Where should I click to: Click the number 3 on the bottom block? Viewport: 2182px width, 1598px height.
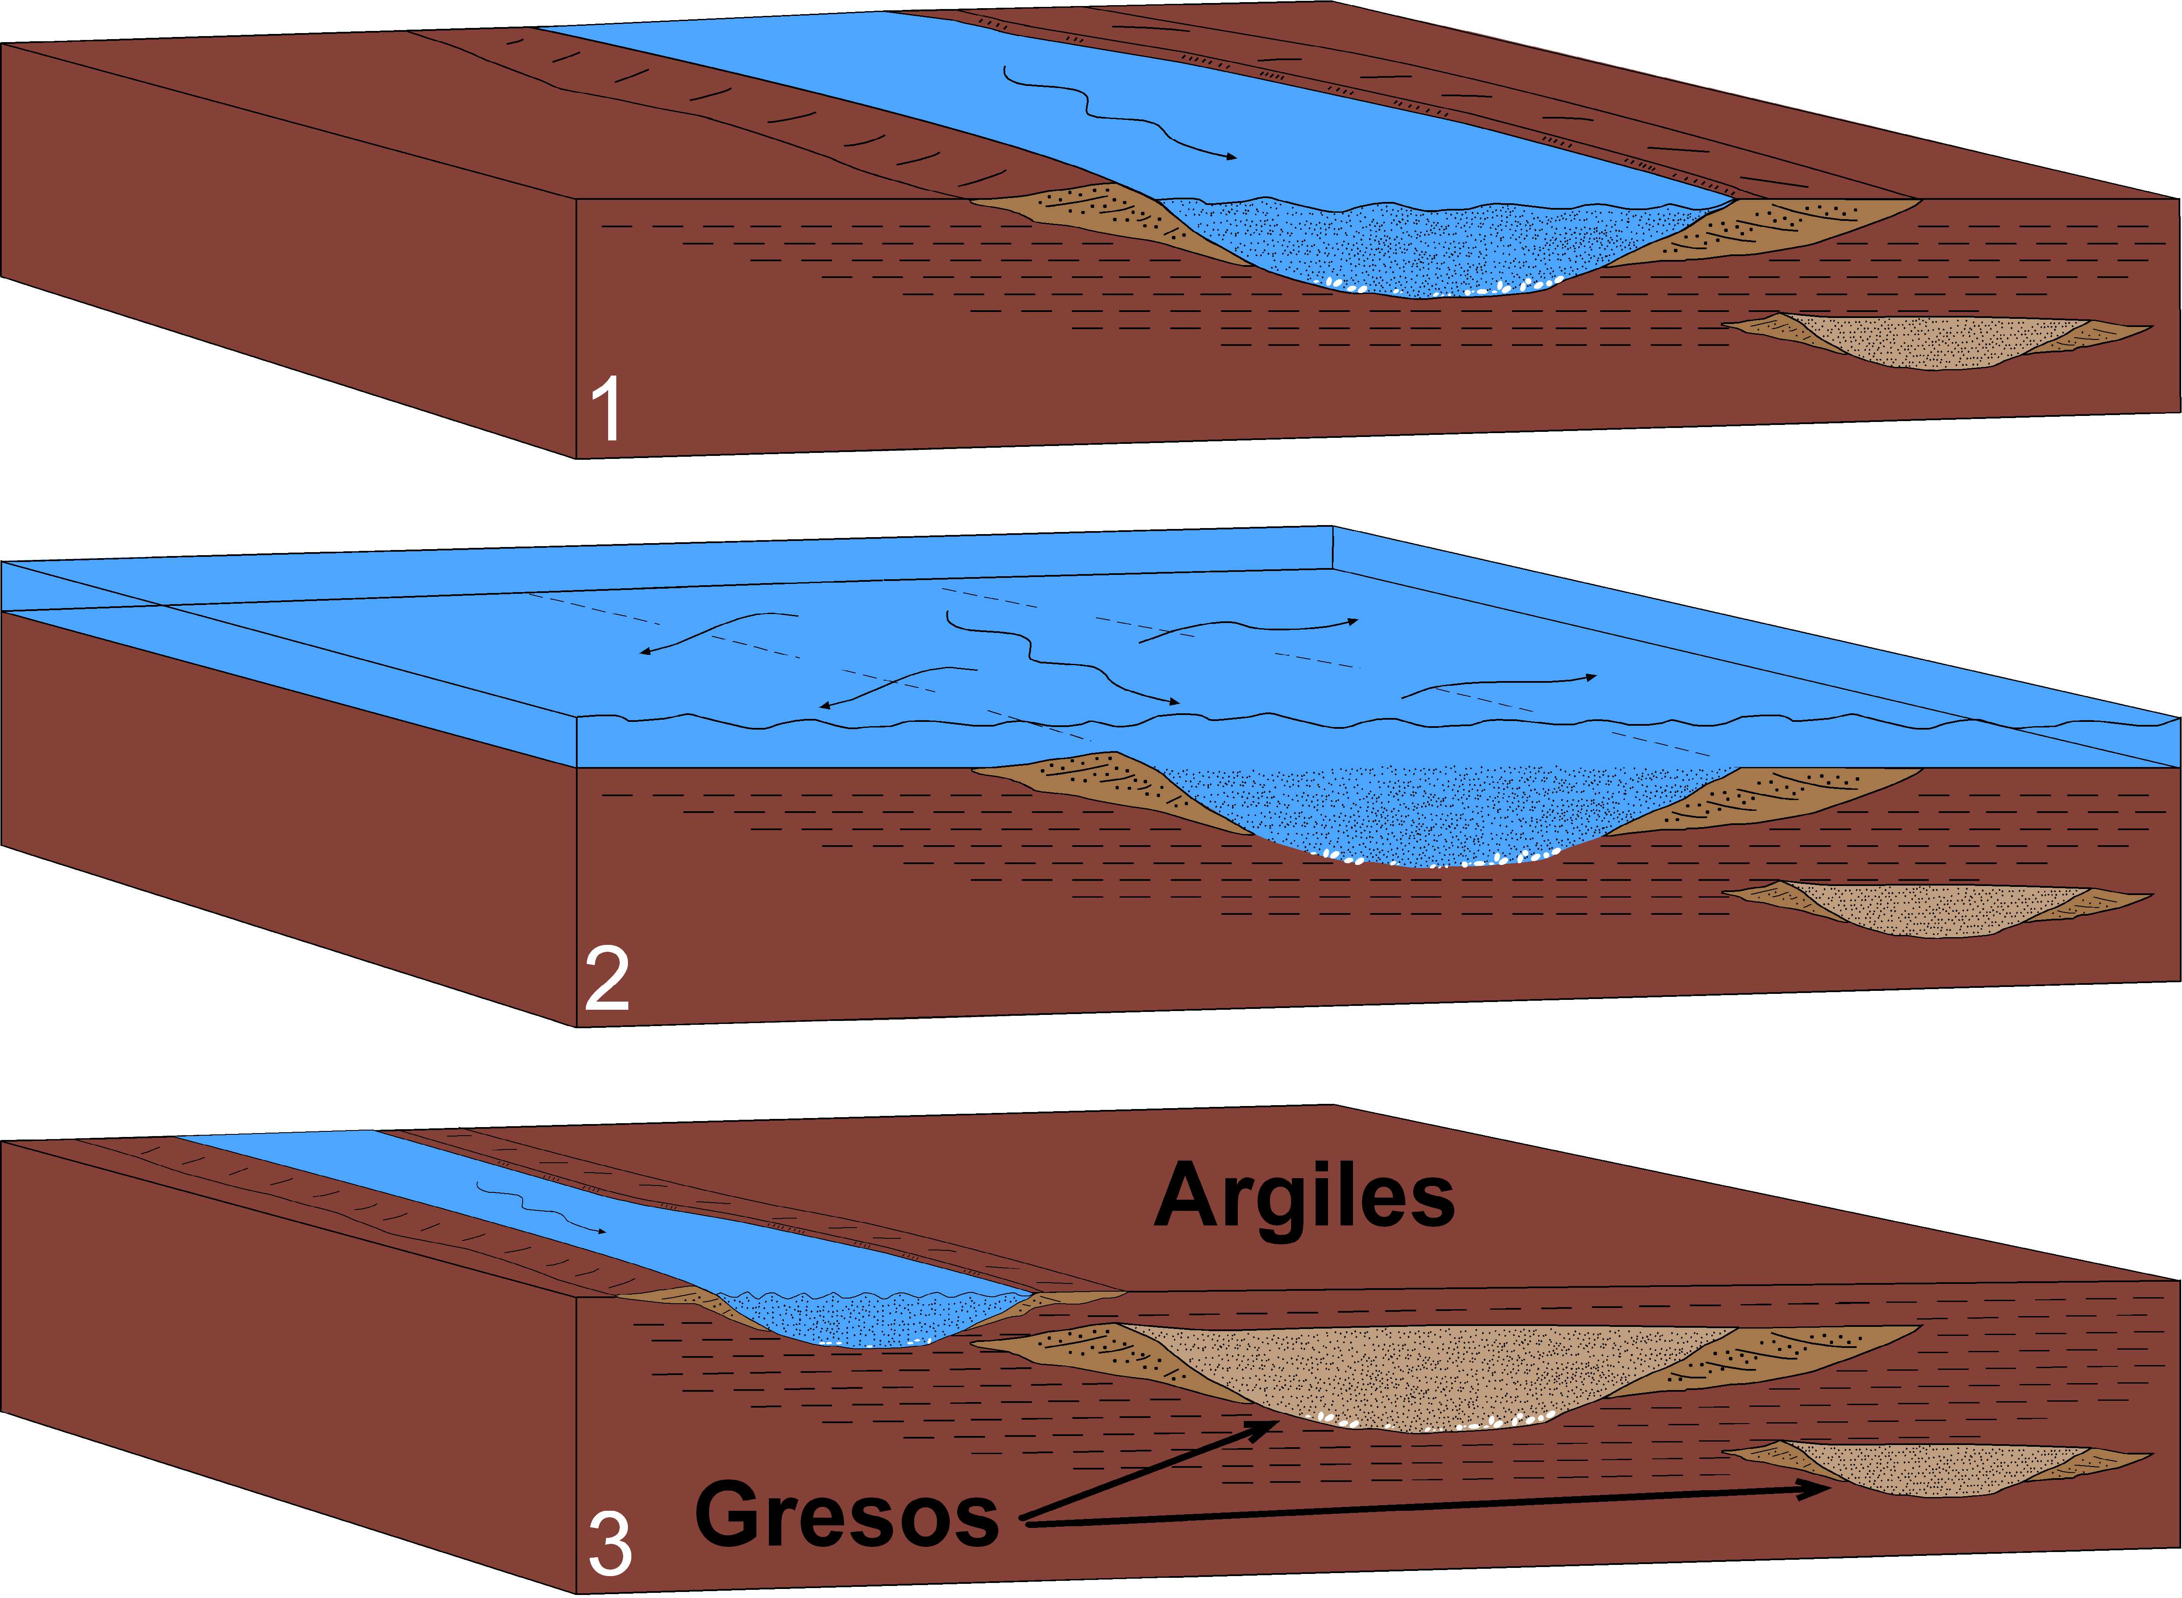point(609,1545)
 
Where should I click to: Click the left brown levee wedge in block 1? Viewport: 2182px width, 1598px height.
point(1093,218)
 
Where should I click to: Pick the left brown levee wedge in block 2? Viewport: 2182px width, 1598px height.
point(1093,785)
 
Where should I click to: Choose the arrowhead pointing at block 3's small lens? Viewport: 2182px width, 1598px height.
point(1819,1490)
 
